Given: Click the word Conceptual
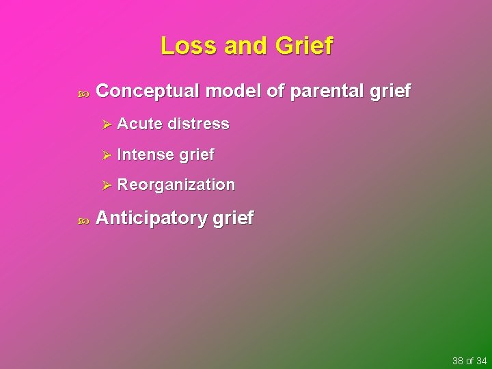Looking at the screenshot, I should (x=148, y=91).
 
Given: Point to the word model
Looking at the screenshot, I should (x=235, y=91).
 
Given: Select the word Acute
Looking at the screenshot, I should (x=140, y=124).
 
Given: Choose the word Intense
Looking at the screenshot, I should (x=145, y=154).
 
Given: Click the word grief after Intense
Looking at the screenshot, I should (x=197, y=155).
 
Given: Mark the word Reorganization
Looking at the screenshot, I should (x=176, y=184).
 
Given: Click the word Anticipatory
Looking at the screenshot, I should (x=152, y=219).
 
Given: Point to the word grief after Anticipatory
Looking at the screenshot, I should (x=233, y=219).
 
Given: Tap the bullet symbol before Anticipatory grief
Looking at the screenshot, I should (x=84, y=220).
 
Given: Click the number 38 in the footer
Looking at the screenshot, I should (x=458, y=360).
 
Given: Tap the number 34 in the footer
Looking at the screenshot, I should (x=481, y=360).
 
